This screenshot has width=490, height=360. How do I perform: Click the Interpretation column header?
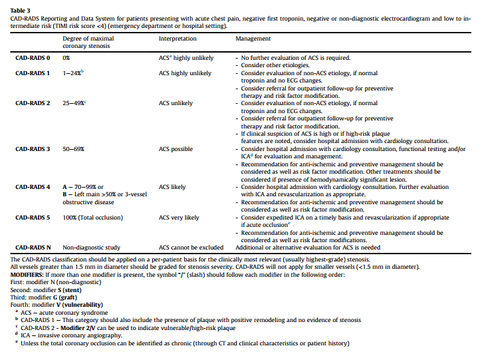click(x=178, y=39)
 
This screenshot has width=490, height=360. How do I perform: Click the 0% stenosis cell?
click(x=66, y=59)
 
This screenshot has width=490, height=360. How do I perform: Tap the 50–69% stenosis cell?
click(x=73, y=150)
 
